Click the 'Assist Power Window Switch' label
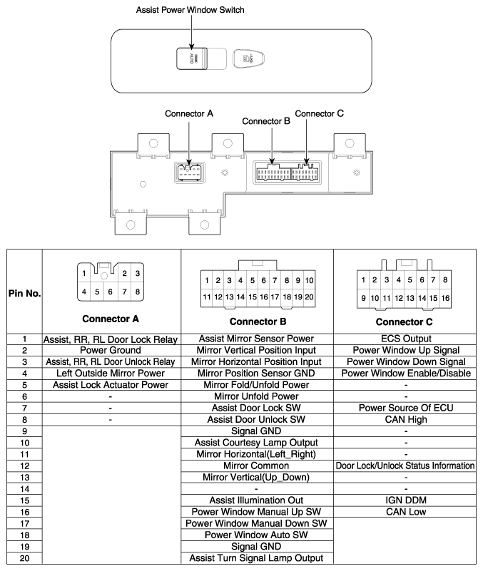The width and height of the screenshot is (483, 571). pos(184,10)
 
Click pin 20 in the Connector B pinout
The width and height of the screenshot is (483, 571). pos(310,296)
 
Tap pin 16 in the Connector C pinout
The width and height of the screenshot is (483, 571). pos(444,296)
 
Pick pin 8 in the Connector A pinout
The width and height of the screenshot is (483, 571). pos(138,291)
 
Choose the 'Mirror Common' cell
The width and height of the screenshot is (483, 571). pos(256,465)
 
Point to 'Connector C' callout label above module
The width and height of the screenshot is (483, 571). pos(320,113)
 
